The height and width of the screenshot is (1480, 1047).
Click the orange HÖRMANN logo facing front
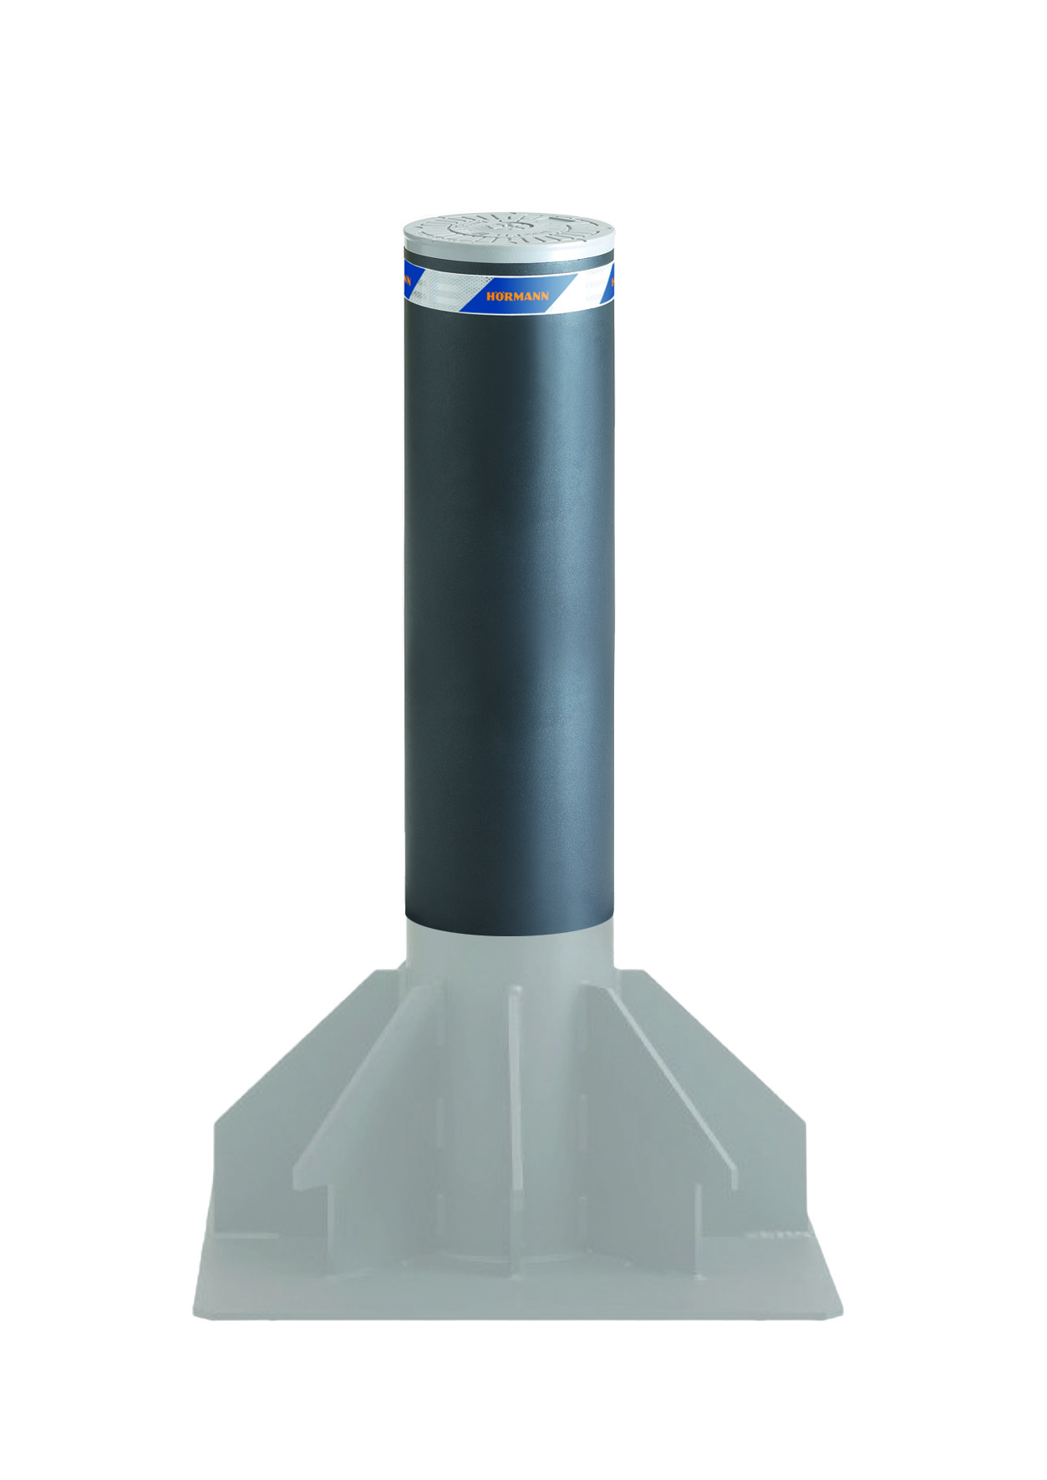coord(518,296)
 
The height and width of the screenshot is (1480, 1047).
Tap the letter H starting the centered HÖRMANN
coord(490,297)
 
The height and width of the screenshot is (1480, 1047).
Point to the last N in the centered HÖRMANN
coord(545,296)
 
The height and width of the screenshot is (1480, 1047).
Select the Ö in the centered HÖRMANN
coord(500,296)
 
